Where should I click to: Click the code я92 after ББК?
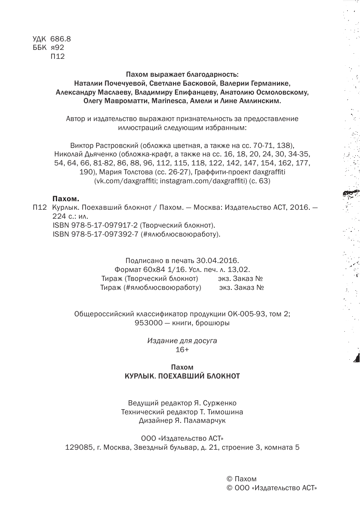57,47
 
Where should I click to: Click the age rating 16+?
182,350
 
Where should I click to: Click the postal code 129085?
79,448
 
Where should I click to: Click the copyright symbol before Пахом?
229,479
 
